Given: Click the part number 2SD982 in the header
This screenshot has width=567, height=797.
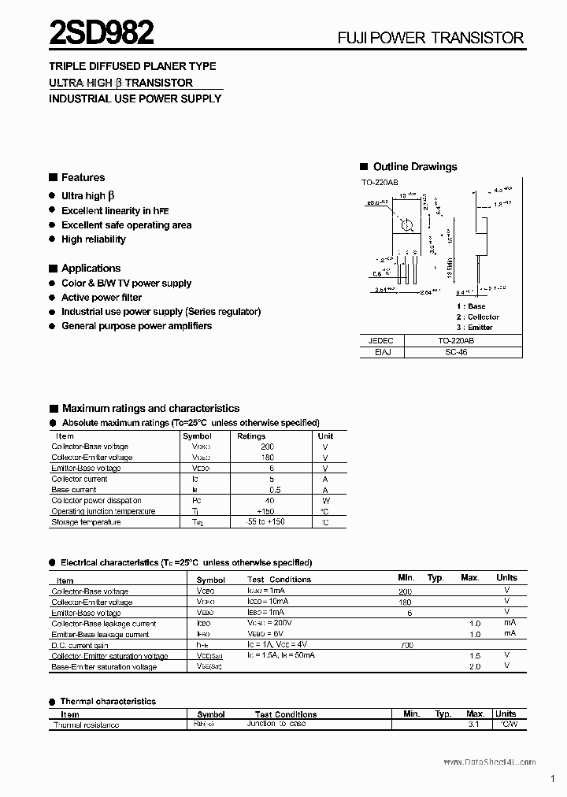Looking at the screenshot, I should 102,33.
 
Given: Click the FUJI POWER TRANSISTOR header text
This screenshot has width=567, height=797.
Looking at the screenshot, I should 431,37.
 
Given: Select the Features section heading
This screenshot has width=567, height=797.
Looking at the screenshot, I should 83,177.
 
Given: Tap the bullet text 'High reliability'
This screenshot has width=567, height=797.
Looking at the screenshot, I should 93,239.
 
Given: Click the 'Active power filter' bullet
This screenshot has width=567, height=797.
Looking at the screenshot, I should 102,298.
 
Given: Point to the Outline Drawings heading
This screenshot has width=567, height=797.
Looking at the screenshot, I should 414,166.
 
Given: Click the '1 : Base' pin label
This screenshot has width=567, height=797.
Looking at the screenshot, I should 471,306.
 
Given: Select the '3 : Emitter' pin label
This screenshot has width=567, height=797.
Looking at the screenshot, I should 474,327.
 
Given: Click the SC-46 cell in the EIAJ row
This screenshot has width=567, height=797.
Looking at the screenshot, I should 468,353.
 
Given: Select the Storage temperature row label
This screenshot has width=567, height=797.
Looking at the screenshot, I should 86,522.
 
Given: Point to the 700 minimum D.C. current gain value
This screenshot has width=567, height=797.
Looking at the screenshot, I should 406,645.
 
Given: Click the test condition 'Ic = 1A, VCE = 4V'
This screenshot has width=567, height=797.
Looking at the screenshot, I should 283,645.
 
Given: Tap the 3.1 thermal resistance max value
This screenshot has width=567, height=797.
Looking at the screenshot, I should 474,725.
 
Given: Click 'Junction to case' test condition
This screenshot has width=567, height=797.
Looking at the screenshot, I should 276,724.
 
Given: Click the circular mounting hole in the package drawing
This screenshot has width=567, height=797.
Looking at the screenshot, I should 407,226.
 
